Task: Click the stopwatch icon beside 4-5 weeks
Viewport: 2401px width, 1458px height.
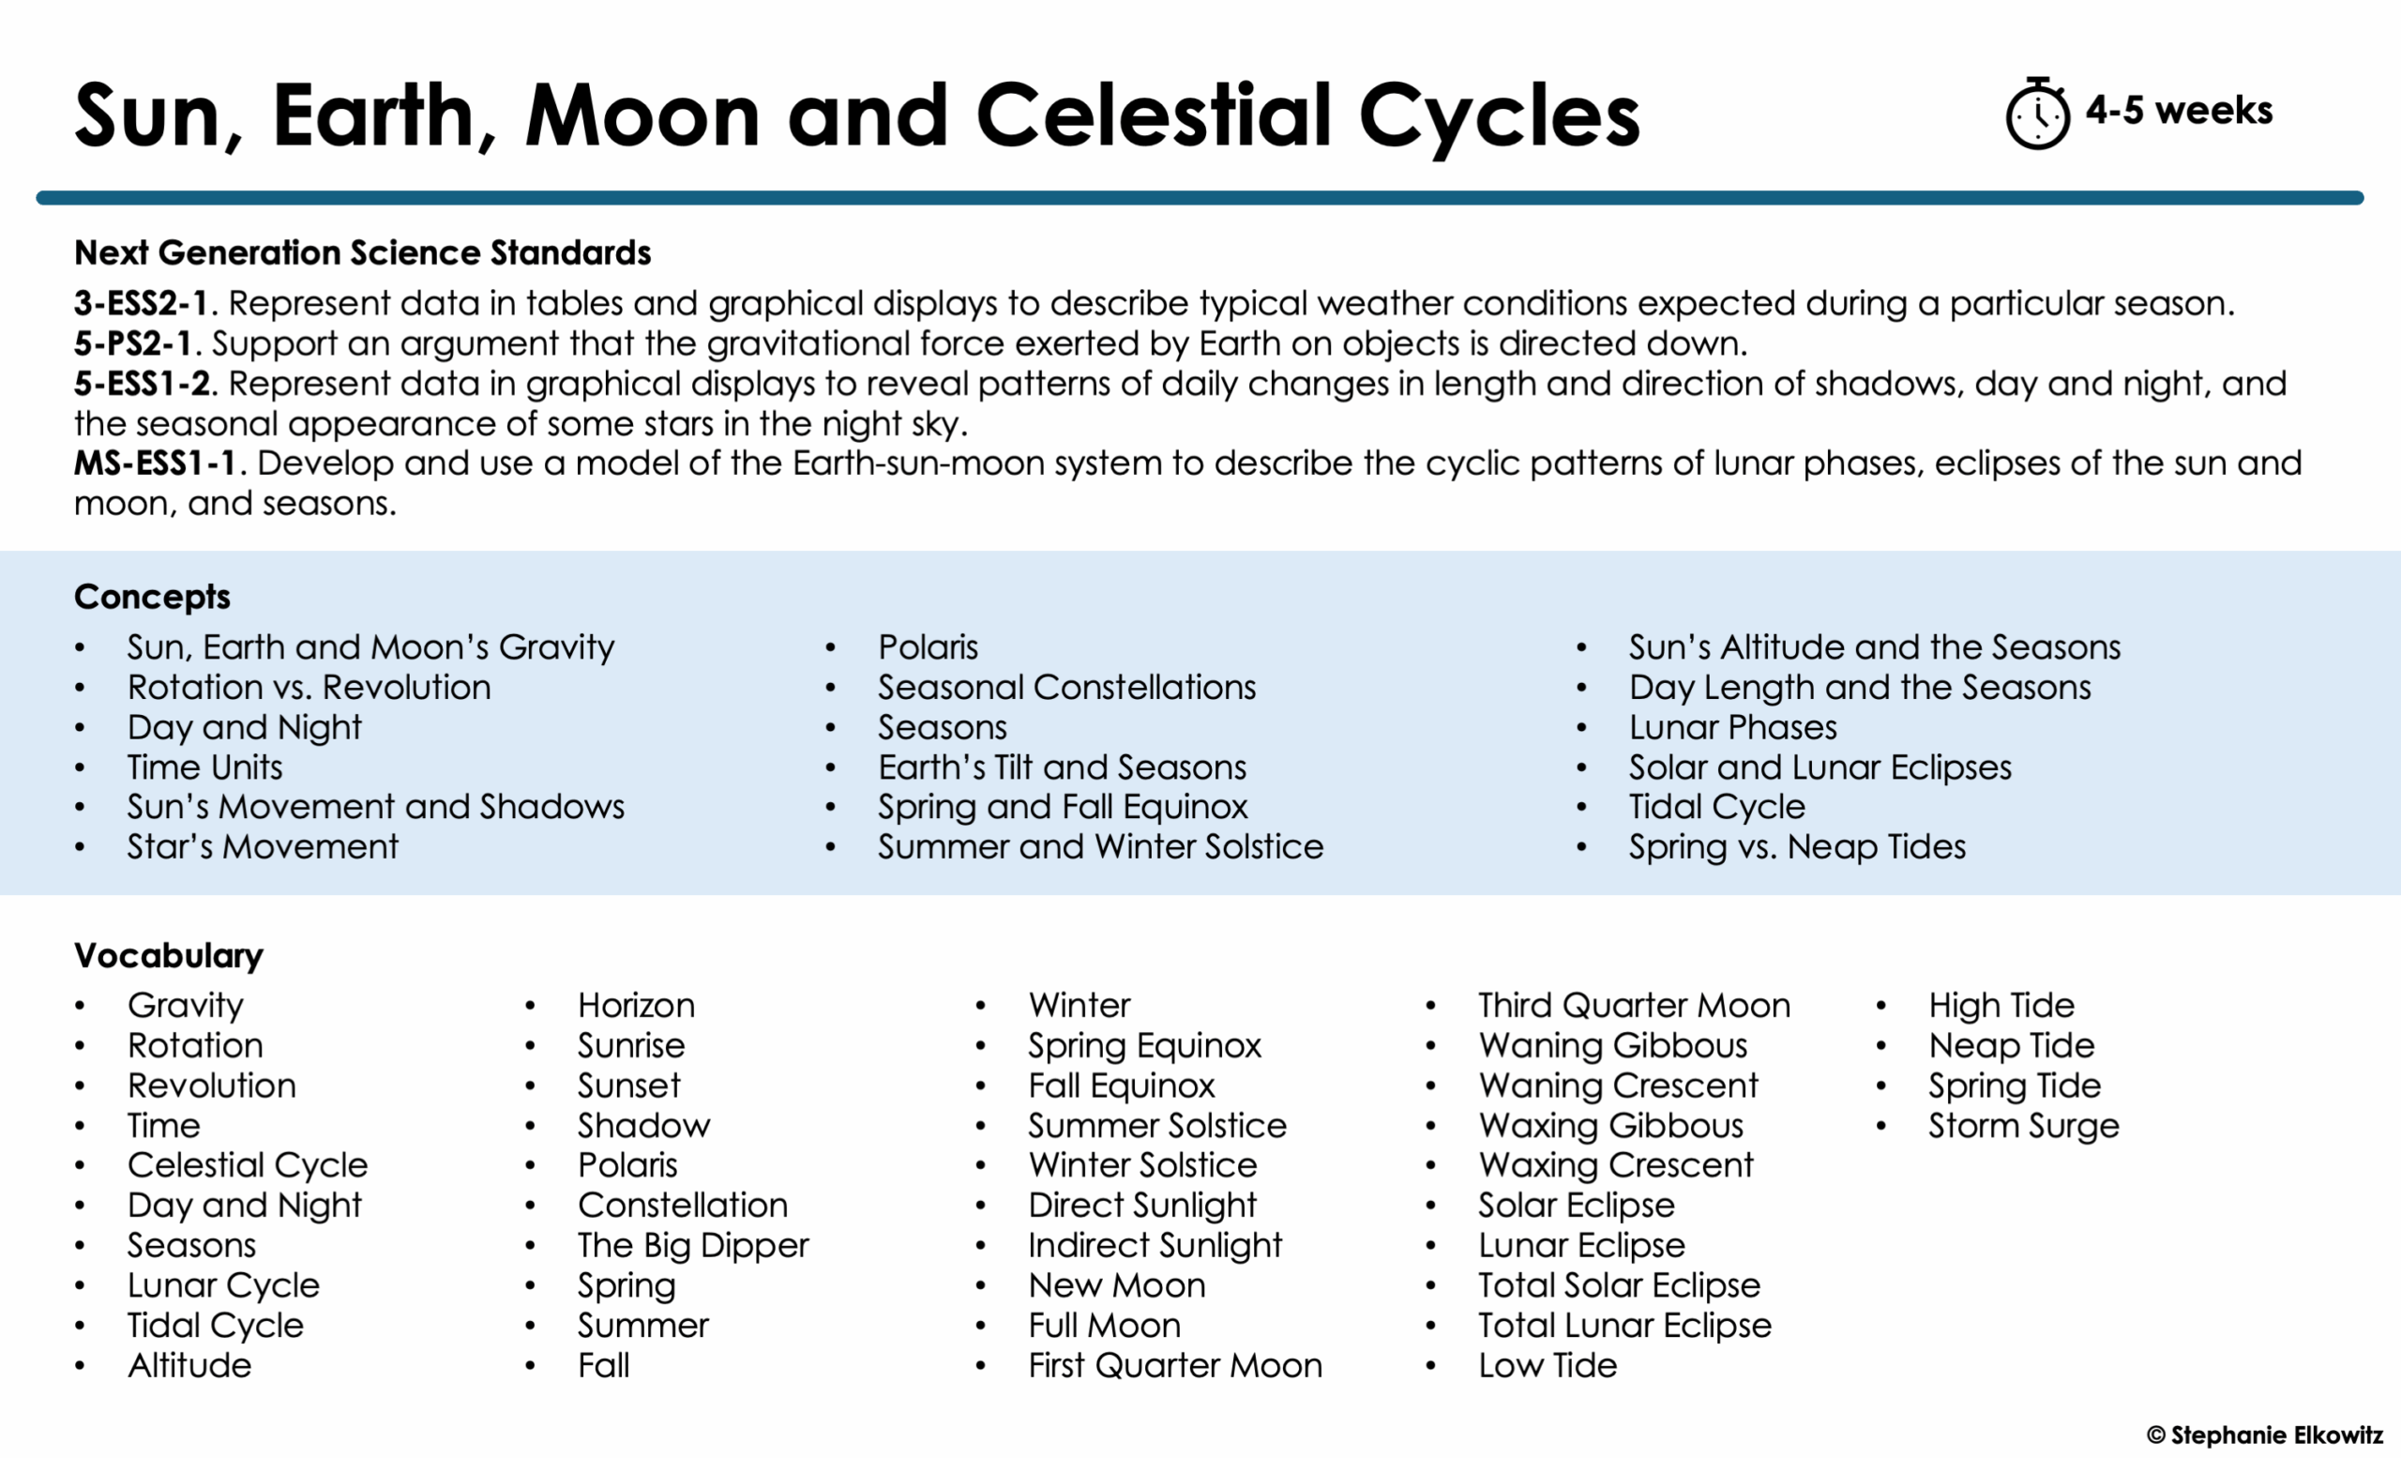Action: click(2036, 115)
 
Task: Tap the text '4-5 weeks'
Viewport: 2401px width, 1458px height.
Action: click(2178, 110)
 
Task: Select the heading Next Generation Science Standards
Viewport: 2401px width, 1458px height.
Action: click(362, 252)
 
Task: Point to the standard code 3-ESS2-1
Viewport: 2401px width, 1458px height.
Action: click(142, 303)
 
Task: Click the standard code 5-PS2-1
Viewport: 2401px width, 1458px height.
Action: click(132, 343)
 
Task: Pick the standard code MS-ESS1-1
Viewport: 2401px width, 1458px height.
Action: click(156, 463)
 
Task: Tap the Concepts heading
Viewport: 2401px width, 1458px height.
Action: click(152, 597)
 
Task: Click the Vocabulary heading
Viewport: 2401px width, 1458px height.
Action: click(169, 955)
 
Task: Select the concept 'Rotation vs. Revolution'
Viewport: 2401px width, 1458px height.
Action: click(309, 687)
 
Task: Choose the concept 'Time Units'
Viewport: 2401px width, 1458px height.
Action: click(204, 767)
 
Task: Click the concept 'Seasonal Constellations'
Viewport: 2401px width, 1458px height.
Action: click(1066, 687)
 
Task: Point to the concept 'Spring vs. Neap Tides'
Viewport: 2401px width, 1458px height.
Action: click(1797, 847)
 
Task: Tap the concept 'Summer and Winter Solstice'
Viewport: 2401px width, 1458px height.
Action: click(1100, 847)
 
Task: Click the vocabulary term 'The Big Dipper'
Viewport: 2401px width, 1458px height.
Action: click(693, 1246)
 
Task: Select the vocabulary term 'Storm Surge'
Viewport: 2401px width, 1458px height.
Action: click(2023, 1126)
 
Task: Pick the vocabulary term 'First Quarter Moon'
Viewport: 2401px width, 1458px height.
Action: click(1174, 1365)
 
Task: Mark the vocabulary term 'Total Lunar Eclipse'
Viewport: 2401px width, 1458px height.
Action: click(1624, 1326)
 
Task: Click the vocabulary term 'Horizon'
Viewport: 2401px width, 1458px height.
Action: click(636, 1006)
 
